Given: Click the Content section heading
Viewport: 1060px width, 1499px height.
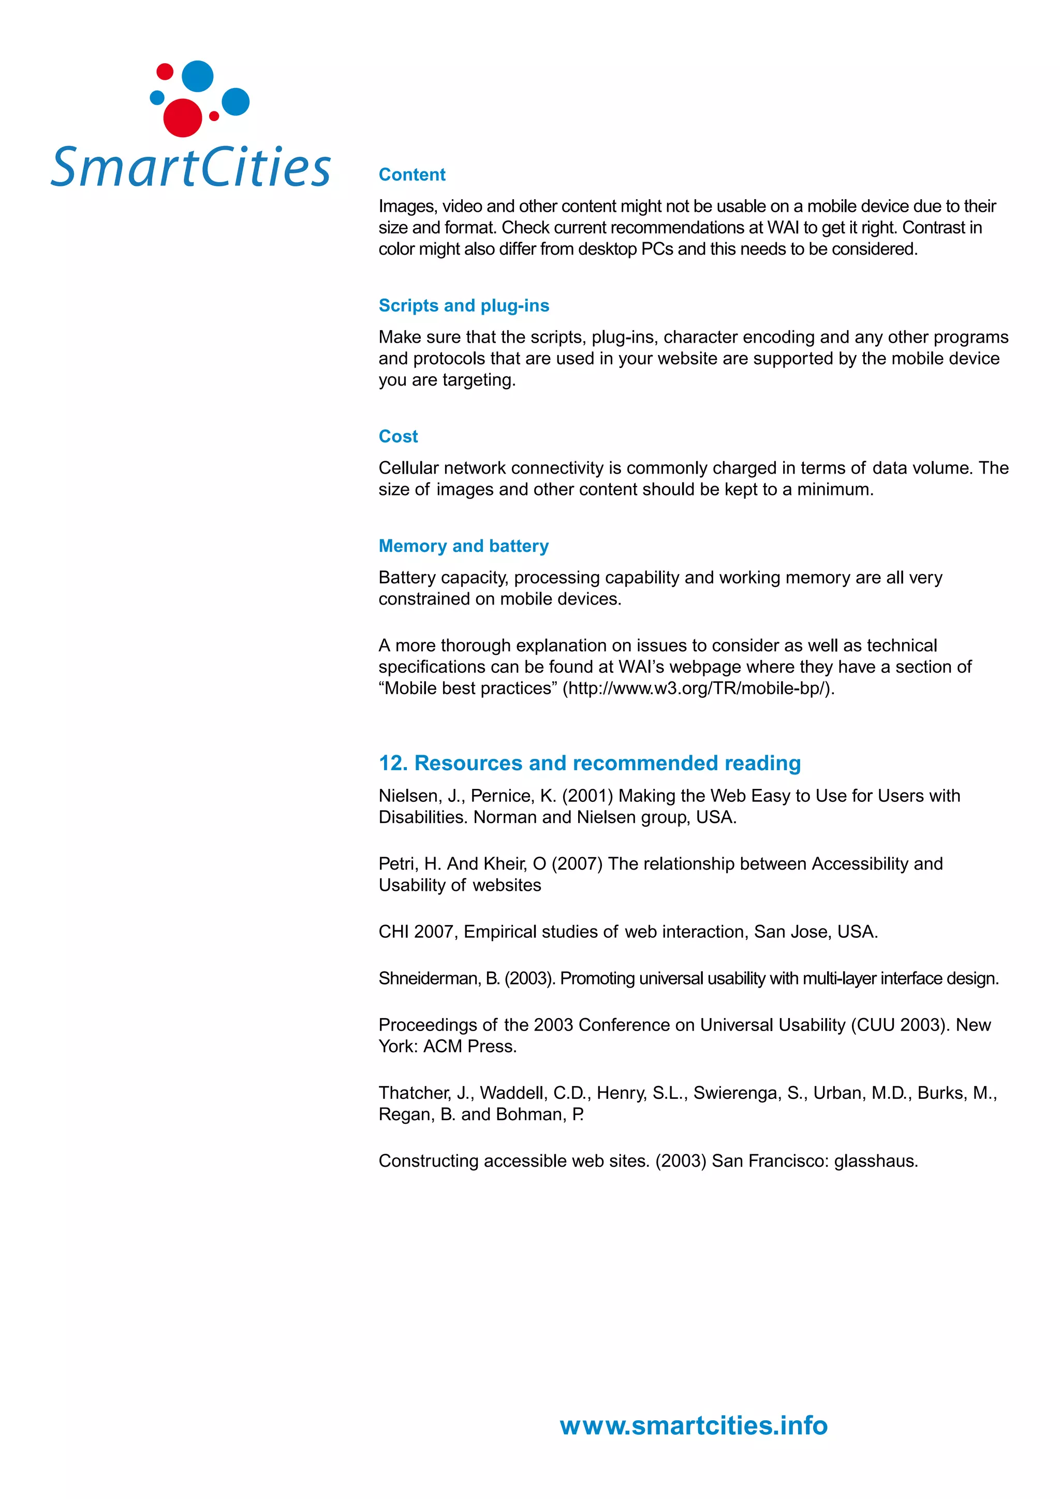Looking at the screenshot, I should pyautogui.click(x=412, y=174).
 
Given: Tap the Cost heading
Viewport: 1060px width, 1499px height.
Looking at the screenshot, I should pyautogui.click(x=398, y=436).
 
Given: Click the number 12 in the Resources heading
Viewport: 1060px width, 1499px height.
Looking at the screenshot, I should pyautogui.click(x=392, y=762).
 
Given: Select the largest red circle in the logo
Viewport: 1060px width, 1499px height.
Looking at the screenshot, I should pyautogui.click(x=182, y=118).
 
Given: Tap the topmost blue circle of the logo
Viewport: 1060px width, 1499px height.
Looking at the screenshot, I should pyautogui.click(x=197, y=77).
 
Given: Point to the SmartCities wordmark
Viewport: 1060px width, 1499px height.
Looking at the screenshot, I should pyautogui.click(x=190, y=167).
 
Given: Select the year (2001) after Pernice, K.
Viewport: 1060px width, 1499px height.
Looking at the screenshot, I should pyautogui.click(x=587, y=796).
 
